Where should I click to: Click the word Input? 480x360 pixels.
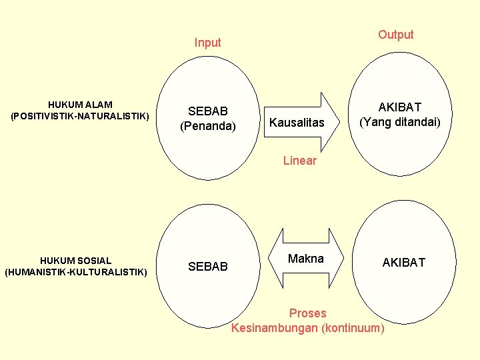pyautogui.click(x=207, y=43)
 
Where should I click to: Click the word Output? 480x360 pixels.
pyautogui.click(x=395, y=35)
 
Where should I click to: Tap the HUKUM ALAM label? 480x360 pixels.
pyautogui.click(x=80, y=105)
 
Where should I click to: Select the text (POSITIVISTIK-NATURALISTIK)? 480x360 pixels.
pyautogui.click(x=80, y=116)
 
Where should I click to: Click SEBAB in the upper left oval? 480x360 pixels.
pyautogui.click(x=208, y=111)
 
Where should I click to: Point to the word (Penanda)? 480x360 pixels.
pyautogui.click(x=208, y=125)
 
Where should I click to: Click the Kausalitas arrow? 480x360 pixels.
pyautogui.click(x=297, y=123)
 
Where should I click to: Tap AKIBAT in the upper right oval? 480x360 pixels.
pyautogui.click(x=400, y=107)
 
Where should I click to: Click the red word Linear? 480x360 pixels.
pyautogui.click(x=299, y=161)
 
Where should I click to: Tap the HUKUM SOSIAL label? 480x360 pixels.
pyautogui.click(x=76, y=261)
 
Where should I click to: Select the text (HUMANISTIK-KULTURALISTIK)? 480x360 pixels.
pyautogui.click(x=76, y=272)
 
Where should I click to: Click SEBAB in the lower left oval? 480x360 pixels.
pyautogui.click(x=208, y=267)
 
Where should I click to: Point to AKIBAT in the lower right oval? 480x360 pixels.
pyautogui.click(x=403, y=263)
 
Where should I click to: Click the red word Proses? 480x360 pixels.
pyautogui.click(x=308, y=313)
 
